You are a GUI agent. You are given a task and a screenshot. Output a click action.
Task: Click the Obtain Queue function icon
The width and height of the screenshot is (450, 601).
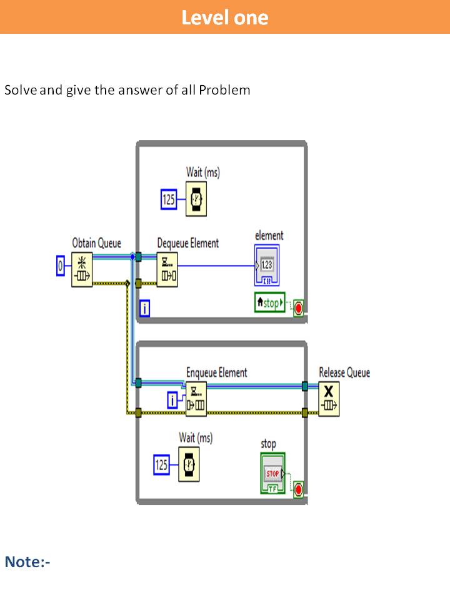tap(81, 270)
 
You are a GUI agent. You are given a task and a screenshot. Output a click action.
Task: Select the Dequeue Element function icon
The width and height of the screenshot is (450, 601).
tap(167, 270)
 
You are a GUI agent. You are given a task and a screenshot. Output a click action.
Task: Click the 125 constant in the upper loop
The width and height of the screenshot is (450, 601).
tap(169, 200)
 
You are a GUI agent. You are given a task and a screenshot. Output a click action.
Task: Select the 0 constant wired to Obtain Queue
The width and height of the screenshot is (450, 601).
tap(61, 265)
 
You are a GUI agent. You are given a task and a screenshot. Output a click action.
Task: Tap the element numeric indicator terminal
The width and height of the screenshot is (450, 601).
tap(267, 265)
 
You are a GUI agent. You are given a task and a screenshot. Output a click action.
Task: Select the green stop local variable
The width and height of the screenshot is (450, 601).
tap(269, 304)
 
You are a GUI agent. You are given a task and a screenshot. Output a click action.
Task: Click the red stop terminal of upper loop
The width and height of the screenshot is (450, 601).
tap(298, 308)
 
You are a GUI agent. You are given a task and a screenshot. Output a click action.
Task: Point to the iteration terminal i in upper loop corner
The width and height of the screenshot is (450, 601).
tap(144, 308)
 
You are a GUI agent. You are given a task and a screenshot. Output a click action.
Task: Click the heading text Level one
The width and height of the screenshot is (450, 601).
tap(225, 17)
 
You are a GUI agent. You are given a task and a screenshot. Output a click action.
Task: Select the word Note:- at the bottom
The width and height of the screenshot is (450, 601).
tap(27, 562)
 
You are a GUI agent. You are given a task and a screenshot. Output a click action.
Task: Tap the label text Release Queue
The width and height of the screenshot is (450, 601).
tap(344, 372)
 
